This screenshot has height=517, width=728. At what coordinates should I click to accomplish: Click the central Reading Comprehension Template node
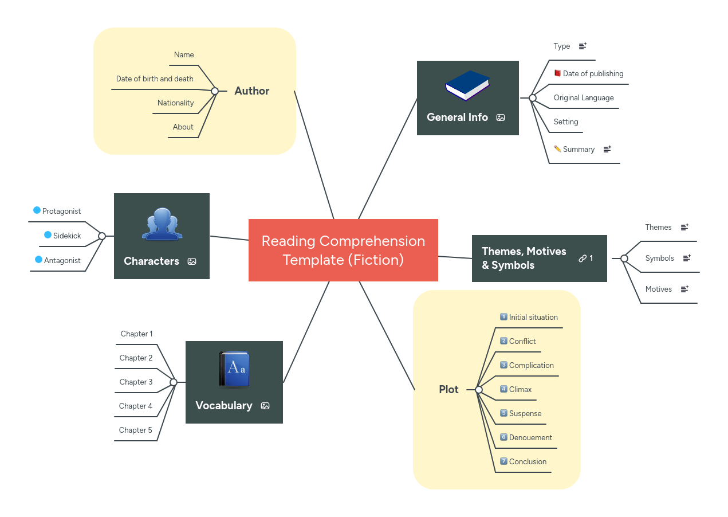coord(343,250)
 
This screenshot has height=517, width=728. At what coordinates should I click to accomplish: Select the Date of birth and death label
coord(155,79)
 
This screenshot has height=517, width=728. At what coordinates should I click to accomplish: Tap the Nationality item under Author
coord(175,103)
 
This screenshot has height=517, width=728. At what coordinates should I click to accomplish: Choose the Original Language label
coord(583,98)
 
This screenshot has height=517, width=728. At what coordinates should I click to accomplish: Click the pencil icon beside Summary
coord(557,149)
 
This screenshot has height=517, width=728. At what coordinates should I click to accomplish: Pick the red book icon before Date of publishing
coord(557,73)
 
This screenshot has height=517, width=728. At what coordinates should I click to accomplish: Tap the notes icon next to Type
coord(583,46)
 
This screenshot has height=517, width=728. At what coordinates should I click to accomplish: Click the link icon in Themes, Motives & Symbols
coord(583,258)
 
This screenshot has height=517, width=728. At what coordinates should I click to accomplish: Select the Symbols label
coord(659,258)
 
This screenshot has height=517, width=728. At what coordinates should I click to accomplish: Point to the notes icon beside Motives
coord(684,289)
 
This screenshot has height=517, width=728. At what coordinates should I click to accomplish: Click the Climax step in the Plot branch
coord(520,390)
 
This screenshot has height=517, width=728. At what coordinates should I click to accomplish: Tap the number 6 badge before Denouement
coord(503,437)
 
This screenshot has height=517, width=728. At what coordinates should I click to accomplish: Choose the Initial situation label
coord(533,318)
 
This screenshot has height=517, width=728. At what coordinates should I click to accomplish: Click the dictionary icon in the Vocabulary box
coord(234,370)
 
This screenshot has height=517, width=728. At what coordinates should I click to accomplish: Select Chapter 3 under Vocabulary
coord(136,382)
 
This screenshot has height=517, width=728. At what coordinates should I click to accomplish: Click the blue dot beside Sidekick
coord(48,235)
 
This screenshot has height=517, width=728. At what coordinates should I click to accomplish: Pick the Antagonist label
coord(62,261)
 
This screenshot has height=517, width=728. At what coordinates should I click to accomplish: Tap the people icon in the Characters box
coord(162,224)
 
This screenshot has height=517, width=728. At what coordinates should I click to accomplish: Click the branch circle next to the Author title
coord(215,91)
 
